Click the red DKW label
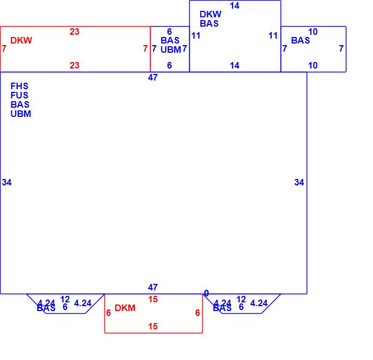click(x=21, y=40)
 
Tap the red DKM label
click(x=125, y=308)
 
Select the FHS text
click(x=20, y=86)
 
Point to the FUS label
click(x=20, y=95)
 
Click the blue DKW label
click(x=210, y=15)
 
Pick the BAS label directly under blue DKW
click(x=209, y=23)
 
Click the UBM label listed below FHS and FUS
click(x=21, y=114)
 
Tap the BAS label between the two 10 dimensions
click(x=301, y=40)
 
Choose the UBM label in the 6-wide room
click(x=171, y=49)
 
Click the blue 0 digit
click(x=206, y=293)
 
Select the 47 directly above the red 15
click(x=153, y=287)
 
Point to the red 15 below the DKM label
click(x=153, y=326)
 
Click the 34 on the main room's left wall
click(x=7, y=182)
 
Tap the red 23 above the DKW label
click(x=74, y=32)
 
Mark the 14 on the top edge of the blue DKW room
click(x=234, y=6)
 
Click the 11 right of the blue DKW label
click(x=273, y=36)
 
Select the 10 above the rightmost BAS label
click(x=313, y=32)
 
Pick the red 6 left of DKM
click(x=109, y=313)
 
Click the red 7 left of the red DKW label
click(x=4, y=49)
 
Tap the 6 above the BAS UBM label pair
click(x=170, y=32)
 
